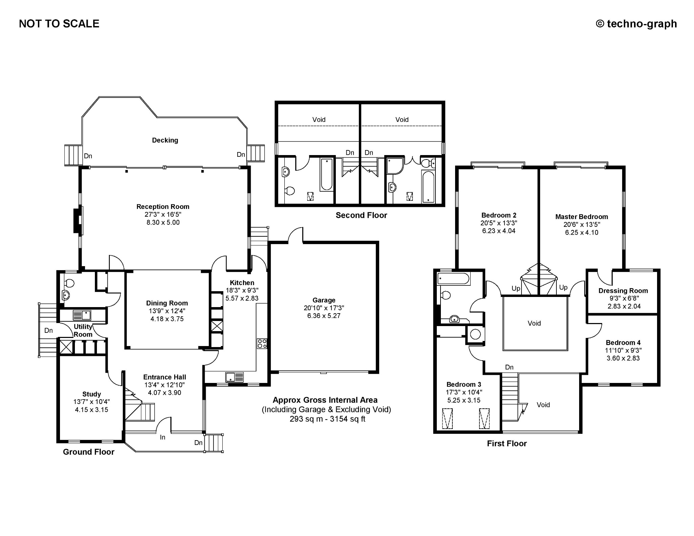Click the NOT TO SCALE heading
click(x=59, y=24)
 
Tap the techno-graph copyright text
click(x=636, y=24)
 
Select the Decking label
click(x=165, y=140)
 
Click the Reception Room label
click(x=163, y=207)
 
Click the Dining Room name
click(x=167, y=303)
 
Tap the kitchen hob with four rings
click(x=262, y=344)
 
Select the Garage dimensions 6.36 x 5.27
click(x=324, y=316)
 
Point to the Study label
click(x=91, y=394)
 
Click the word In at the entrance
click(x=163, y=437)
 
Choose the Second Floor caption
click(x=361, y=215)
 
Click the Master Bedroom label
click(x=581, y=217)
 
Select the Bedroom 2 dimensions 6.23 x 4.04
click(x=499, y=231)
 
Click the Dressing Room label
click(x=623, y=291)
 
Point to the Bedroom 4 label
click(x=623, y=343)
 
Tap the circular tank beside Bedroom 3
click(x=476, y=335)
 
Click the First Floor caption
click(x=507, y=444)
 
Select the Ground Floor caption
click(x=89, y=452)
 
